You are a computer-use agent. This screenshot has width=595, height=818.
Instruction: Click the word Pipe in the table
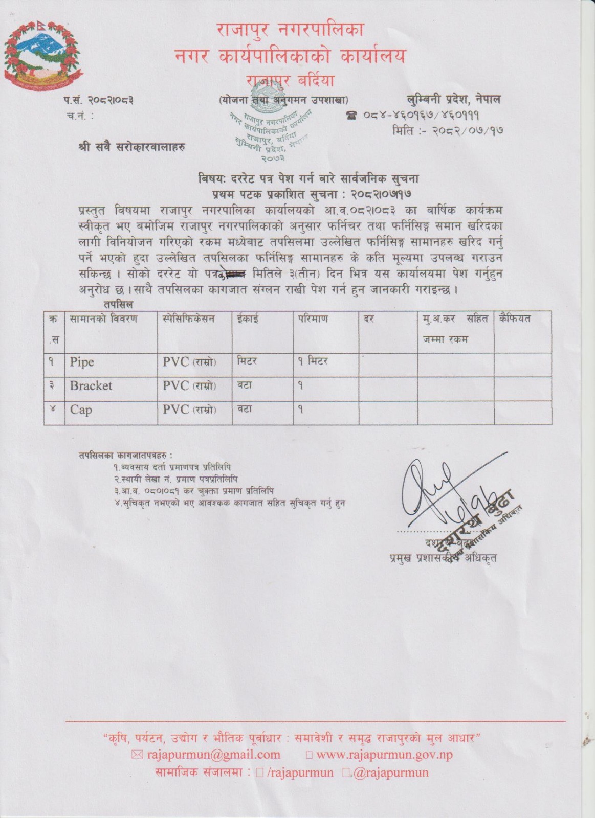(82, 362)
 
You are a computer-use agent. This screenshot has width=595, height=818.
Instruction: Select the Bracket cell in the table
(91, 385)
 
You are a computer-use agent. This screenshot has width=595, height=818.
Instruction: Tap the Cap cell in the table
(81, 410)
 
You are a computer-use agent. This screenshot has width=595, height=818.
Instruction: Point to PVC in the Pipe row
(175, 362)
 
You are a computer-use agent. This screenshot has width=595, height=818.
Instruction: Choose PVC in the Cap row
(175, 410)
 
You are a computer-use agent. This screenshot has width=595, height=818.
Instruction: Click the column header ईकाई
(248, 319)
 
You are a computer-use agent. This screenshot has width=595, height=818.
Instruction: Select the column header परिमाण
(313, 319)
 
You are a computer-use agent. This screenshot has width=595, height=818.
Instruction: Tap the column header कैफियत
(516, 319)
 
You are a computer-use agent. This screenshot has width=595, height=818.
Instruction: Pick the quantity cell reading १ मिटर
(313, 361)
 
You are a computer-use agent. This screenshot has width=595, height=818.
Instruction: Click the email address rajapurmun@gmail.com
(213, 755)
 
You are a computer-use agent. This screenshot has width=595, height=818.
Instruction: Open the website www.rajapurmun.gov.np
(384, 755)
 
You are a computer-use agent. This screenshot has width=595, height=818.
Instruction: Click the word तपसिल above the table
(118, 304)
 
